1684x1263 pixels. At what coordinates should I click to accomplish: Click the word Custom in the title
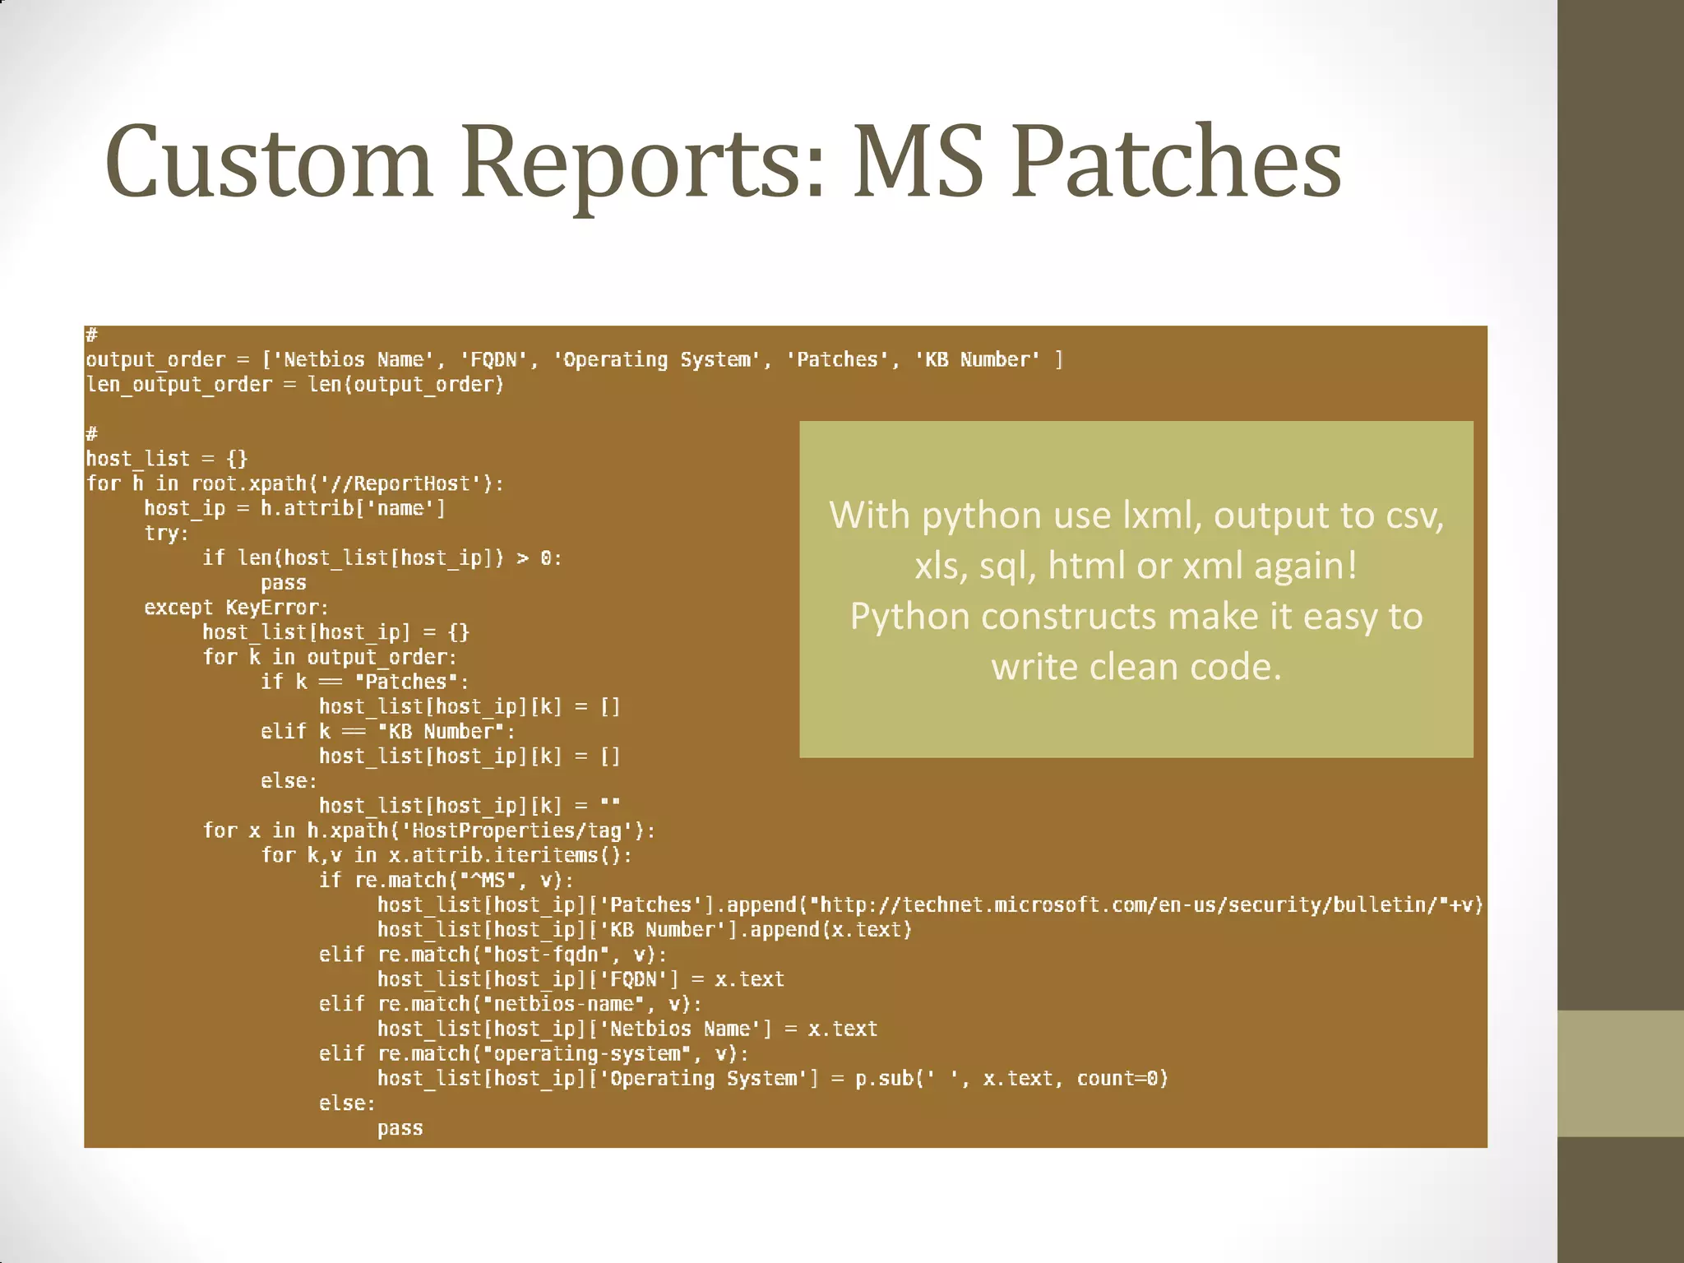pos(269,162)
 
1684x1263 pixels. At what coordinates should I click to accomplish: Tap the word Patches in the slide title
pos(1177,162)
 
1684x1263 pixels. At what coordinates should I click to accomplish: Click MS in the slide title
pos(918,162)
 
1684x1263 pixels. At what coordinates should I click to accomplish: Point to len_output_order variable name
pos(178,385)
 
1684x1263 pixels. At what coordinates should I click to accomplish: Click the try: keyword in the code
pos(166,534)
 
